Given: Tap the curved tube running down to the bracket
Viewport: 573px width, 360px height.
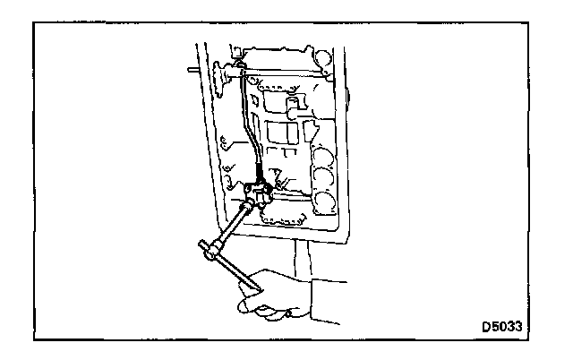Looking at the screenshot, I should click(x=245, y=125).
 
